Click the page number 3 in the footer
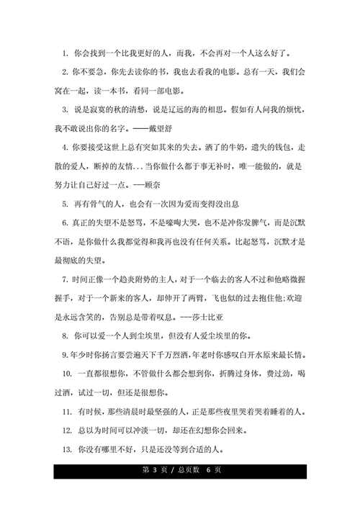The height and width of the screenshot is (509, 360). [x=153, y=471]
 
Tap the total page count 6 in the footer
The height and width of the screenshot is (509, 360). [x=207, y=471]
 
